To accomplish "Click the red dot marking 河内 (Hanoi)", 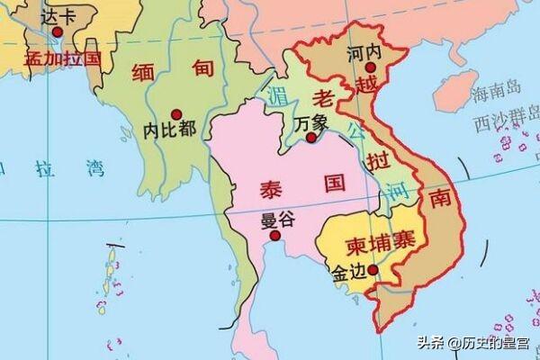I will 369,67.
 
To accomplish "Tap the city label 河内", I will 364,52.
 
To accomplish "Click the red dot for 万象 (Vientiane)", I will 311,139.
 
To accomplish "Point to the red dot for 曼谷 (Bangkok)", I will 275,236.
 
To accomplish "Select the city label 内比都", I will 169,129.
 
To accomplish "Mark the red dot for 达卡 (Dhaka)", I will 58,31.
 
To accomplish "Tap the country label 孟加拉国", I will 62,58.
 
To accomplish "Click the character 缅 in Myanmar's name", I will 146,72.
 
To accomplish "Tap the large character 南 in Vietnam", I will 440,198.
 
